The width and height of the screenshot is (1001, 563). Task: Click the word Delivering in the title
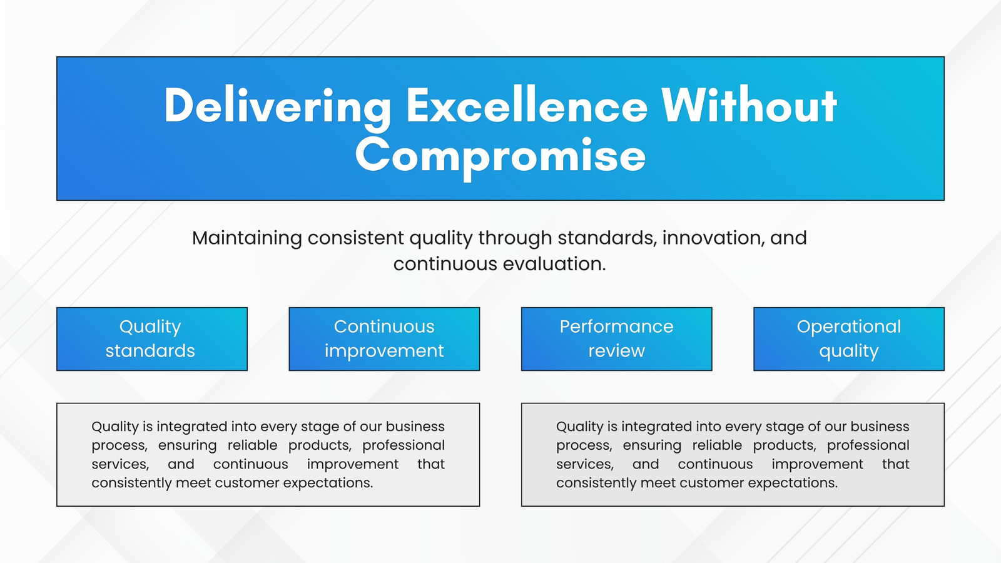click(x=277, y=106)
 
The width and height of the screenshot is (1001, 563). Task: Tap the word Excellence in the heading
click(x=527, y=106)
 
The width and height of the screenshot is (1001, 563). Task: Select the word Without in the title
click(x=749, y=106)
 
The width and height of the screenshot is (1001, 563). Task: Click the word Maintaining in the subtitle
click(x=247, y=238)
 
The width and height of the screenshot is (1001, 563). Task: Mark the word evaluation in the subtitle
click(x=554, y=263)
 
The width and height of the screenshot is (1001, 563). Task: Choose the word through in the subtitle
click(x=516, y=238)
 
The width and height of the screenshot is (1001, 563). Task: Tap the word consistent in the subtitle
click(x=356, y=238)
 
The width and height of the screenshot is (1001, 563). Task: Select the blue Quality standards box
click(x=152, y=338)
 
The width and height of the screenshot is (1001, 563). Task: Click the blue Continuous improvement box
click(x=384, y=338)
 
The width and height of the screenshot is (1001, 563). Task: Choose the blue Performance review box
click(x=617, y=338)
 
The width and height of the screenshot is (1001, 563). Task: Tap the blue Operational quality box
click(x=849, y=338)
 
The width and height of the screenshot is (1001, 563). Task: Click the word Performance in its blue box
click(x=617, y=327)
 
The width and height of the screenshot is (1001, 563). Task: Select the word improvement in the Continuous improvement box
click(x=384, y=352)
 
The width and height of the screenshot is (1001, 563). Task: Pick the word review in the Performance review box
click(x=617, y=351)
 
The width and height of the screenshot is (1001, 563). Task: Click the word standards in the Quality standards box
click(x=150, y=351)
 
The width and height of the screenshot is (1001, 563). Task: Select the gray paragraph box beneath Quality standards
click(x=268, y=454)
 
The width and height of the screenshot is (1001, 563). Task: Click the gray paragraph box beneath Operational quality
click(x=733, y=454)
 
